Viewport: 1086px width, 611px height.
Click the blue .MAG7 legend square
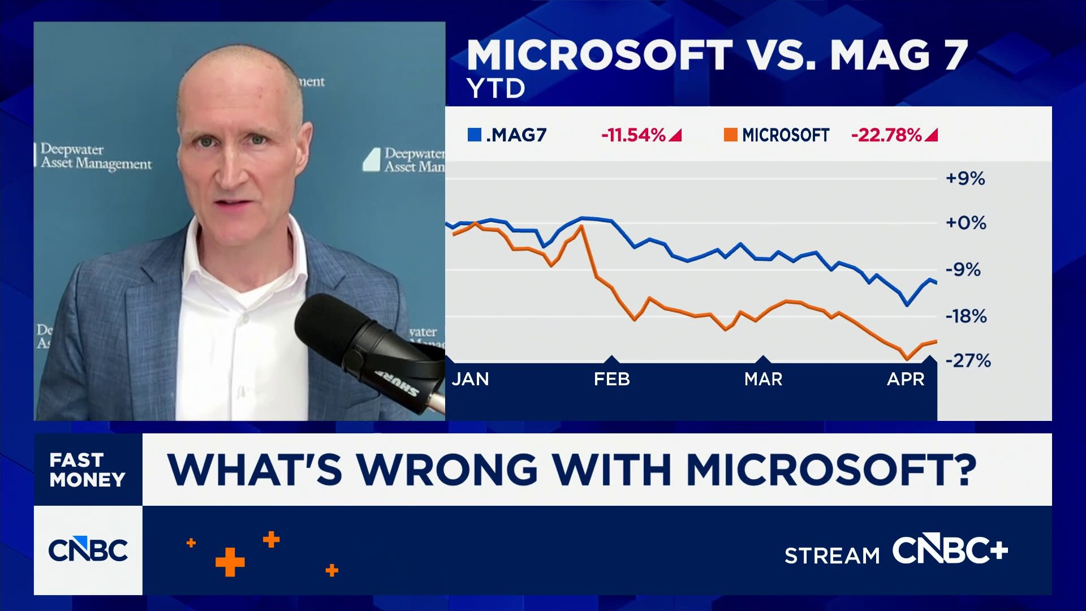tap(474, 135)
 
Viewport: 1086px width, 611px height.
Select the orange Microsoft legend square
tap(730, 135)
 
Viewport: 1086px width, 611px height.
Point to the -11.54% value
tap(633, 135)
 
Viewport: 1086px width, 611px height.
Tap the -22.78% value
tap(886, 135)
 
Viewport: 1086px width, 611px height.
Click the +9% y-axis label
tap(966, 179)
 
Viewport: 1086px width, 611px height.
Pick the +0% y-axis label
tap(966, 223)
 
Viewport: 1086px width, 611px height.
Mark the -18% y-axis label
tap(966, 316)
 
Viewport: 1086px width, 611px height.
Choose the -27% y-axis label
tap(968, 361)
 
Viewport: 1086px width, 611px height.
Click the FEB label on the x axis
tap(611, 379)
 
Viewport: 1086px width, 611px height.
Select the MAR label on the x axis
tap(763, 379)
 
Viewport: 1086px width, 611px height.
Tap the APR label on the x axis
tap(906, 379)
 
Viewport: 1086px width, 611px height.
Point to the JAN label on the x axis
tap(470, 379)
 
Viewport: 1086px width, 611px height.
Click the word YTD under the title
tap(495, 89)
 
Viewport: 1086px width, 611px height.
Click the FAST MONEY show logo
tap(88, 470)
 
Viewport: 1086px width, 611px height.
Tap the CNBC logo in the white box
tap(88, 550)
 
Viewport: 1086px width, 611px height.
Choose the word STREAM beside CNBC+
tap(832, 556)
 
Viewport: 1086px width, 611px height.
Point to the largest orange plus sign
tap(230, 562)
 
